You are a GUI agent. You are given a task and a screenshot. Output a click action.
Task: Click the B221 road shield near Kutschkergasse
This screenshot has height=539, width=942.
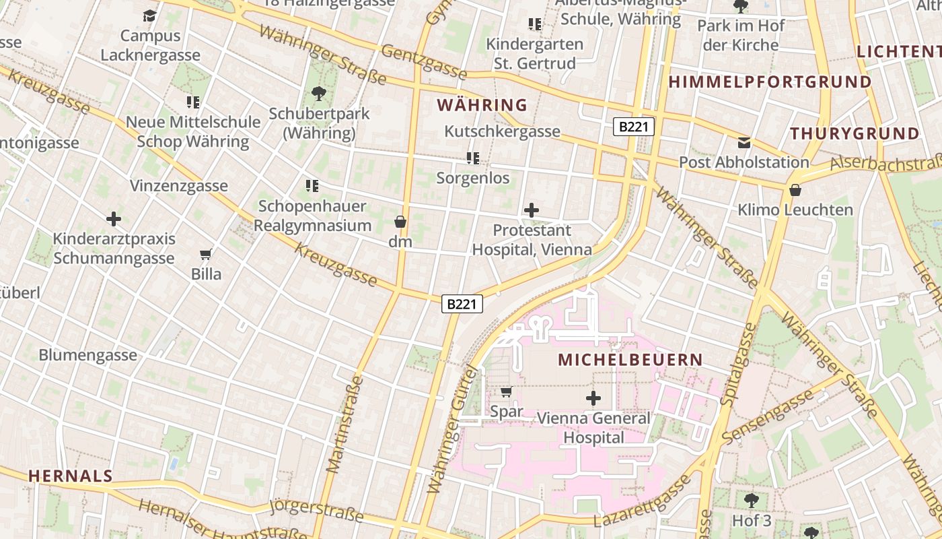click(633, 127)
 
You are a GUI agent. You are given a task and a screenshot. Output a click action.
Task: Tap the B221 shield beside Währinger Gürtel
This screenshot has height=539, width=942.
click(462, 304)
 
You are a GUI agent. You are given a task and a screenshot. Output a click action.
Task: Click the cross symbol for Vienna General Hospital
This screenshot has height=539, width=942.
click(593, 398)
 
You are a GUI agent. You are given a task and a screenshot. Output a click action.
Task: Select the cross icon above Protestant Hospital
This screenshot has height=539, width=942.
click(532, 210)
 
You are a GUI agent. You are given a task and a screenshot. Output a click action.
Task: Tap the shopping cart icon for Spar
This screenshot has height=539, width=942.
click(507, 391)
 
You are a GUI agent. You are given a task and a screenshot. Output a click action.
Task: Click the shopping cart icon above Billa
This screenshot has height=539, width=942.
click(206, 255)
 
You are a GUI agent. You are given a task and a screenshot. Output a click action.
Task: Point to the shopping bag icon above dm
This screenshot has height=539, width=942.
click(400, 222)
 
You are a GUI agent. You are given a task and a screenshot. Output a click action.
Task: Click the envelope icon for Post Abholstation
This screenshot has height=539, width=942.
click(744, 143)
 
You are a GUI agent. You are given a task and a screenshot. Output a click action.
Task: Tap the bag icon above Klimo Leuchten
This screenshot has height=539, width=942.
click(795, 191)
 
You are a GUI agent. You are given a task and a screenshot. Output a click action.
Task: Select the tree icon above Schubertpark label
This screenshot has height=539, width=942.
click(318, 94)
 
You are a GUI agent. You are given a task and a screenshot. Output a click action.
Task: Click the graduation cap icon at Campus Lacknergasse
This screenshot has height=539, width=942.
click(149, 15)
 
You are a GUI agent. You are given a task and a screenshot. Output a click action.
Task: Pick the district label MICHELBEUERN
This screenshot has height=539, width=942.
click(630, 360)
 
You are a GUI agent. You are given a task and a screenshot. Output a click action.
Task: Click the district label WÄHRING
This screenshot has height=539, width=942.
click(482, 105)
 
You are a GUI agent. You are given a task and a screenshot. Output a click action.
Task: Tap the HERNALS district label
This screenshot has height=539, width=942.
click(70, 476)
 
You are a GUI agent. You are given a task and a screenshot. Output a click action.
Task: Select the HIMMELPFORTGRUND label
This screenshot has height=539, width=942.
click(770, 82)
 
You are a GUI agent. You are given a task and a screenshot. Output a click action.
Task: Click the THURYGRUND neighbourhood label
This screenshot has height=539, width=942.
click(855, 133)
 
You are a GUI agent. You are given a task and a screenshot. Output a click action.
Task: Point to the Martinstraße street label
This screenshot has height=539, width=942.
click(345, 424)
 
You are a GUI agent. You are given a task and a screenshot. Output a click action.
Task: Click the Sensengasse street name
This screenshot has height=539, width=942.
click(768, 417)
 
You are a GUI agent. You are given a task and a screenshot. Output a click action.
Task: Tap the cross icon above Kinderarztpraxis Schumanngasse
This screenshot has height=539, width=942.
click(114, 219)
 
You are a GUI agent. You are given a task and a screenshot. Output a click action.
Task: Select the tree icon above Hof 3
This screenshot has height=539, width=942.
click(752, 501)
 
